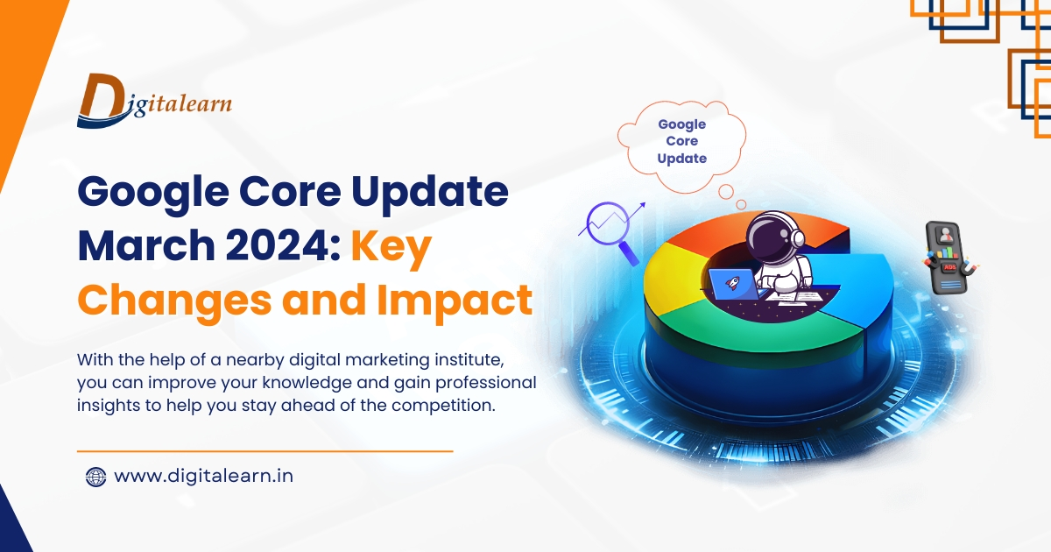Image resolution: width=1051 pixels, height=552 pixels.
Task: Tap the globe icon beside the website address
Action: coord(95,477)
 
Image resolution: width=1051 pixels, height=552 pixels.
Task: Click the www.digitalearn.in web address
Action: coord(203,477)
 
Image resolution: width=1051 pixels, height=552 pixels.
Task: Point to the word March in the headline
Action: coord(140,247)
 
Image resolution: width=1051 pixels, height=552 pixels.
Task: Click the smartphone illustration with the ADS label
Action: coord(947,258)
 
